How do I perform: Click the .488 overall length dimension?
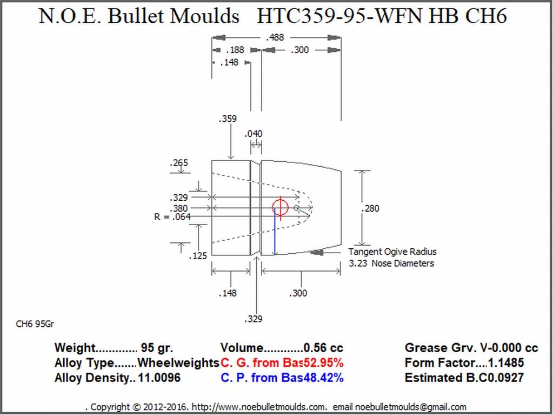pos(275,37)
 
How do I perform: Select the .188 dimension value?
pos(235,50)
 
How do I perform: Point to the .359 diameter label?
pos(228,119)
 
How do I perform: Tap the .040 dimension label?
pos(254,134)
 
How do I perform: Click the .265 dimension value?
pos(179,163)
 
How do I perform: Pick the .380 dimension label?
pos(179,208)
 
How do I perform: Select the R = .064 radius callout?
pos(172,216)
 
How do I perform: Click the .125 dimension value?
pos(198,256)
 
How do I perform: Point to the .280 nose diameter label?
pos(370,208)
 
